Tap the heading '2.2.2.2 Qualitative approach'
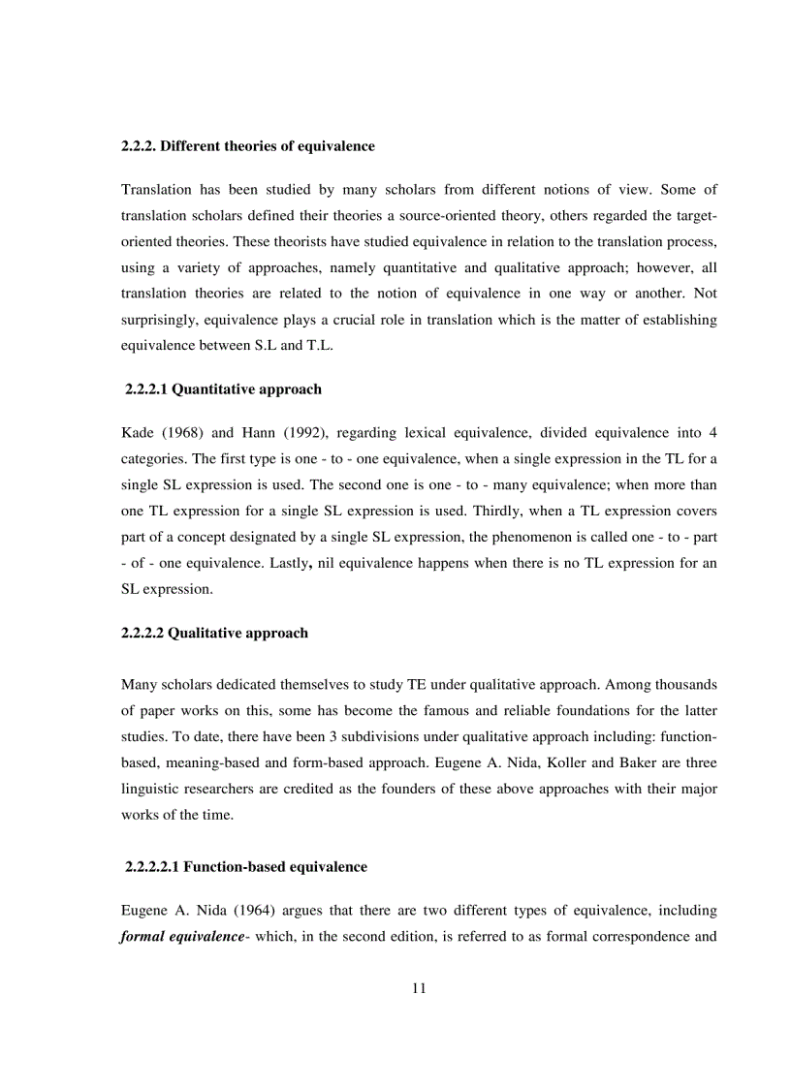[x=214, y=633]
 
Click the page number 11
[x=419, y=988]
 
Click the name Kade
[x=138, y=430]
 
